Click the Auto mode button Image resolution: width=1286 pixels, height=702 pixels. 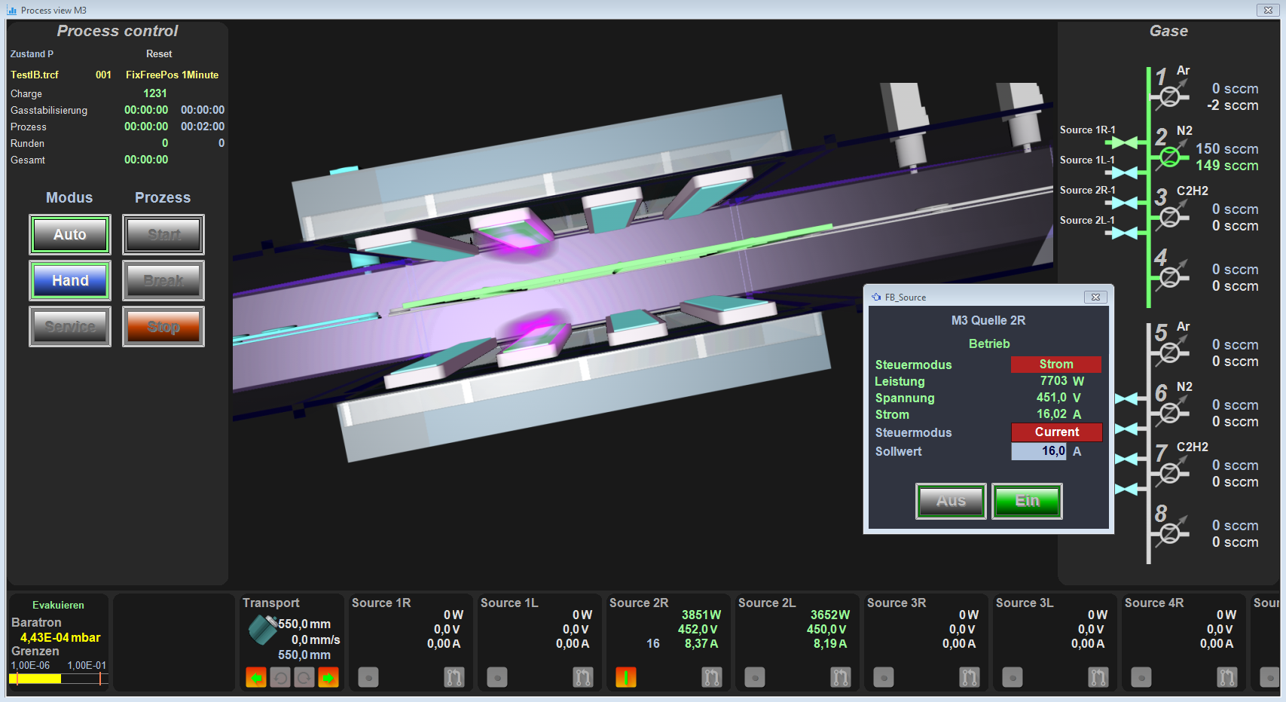(70, 235)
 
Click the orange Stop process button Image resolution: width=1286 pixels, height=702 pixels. (163, 327)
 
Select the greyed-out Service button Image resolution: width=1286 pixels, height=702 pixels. (70, 327)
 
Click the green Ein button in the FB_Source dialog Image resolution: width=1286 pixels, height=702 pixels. (1027, 501)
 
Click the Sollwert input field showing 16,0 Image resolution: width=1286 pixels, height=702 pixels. (1039, 451)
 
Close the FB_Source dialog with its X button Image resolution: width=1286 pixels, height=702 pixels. (1095, 297)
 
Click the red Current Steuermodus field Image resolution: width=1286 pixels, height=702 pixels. (1056, 432)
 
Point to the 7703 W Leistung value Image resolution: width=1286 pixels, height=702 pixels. (1061, 381)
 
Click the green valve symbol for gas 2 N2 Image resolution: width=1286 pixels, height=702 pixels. (1169, 156)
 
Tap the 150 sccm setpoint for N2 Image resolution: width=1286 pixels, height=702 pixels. (1226, 149)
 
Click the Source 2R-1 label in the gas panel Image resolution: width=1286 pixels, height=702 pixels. (1087, 191)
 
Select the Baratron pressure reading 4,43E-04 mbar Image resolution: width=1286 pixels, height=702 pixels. (60, 637)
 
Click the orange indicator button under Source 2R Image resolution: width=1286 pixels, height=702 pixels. (626, 677)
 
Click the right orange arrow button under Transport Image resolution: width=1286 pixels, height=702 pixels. (328, 677)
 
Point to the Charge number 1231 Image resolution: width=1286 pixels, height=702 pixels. (155, 93)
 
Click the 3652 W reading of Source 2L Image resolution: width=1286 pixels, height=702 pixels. (829, 615)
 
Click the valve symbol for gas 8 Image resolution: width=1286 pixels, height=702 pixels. (1169, 533)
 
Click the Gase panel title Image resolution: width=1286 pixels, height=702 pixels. (1168, 31)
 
